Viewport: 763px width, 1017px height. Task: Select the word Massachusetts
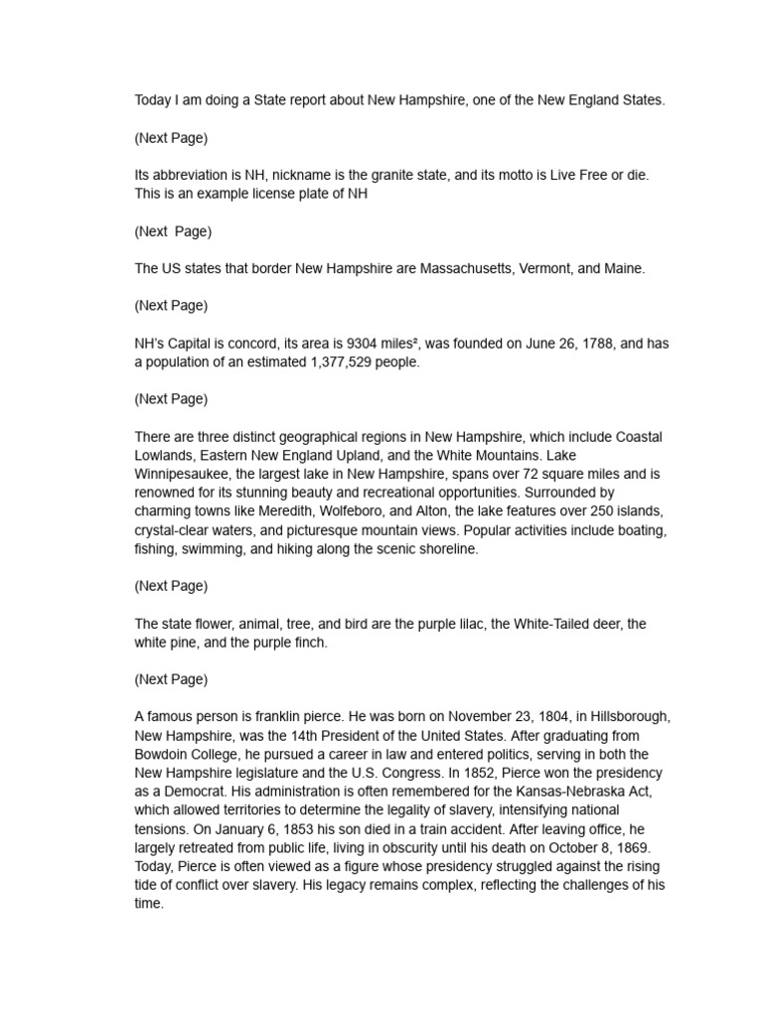(466, 269)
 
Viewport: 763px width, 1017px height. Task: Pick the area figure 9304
(364, 344)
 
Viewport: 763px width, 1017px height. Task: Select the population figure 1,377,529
(333, 363)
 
